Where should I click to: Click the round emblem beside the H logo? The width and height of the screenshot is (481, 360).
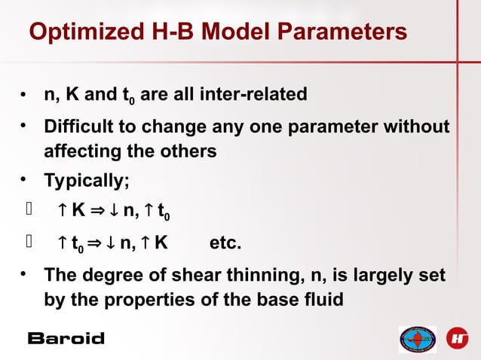click(x=417, y=339)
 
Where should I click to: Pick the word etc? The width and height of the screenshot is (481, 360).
click(x=225, y=243)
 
